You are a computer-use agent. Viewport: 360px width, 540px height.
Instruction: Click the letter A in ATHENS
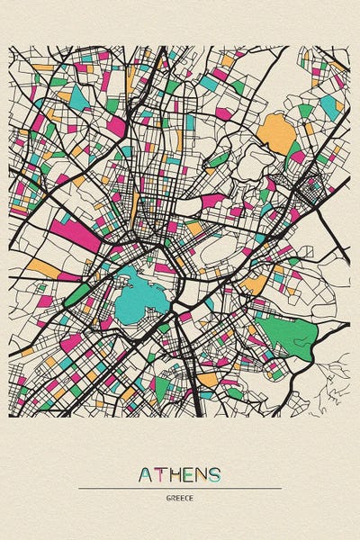click(x=147, y=474)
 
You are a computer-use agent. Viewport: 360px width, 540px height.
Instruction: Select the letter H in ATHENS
click(x=176, y=474)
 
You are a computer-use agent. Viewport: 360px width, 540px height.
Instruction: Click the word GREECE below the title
click(x=180, y=498)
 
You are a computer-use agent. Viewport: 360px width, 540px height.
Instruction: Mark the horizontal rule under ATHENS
click(x=180, y=488)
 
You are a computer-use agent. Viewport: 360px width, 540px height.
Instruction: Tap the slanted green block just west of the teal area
click(x=81, y=293)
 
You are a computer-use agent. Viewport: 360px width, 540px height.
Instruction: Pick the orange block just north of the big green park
click(x=256, y=284)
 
